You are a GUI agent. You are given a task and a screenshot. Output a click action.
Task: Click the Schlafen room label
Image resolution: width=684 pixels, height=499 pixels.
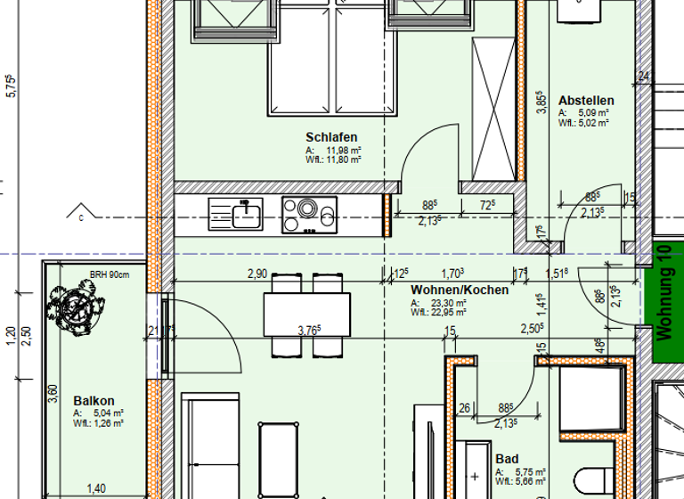(x=331, y=137)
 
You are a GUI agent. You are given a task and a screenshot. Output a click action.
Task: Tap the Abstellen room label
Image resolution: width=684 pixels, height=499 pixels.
(x=586, y=101)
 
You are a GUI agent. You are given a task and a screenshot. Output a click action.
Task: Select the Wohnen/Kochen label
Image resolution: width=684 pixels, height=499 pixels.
(x=460, y=290)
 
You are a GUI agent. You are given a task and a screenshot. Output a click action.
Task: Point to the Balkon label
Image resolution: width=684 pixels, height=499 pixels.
(x=94, y=401)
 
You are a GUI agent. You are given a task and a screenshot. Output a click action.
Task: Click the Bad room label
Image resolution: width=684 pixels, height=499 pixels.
(x=507, y=459)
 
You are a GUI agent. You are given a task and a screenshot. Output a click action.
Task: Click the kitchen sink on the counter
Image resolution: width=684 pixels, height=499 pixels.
(x=236, y=215)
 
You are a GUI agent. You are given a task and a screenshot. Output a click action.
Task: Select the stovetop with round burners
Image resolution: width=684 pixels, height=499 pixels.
(x=309, y=215)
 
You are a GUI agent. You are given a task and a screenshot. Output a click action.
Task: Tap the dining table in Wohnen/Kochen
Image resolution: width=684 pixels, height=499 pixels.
(x=306, y=315)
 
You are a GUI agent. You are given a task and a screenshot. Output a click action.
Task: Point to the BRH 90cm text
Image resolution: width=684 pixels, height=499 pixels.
(x=109, y=274)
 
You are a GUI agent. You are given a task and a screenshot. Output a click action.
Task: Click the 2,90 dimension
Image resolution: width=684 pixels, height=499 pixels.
(x=257, y=274)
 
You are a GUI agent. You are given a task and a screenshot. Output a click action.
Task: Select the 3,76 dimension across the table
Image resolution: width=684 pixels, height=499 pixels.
(x=308, y=331)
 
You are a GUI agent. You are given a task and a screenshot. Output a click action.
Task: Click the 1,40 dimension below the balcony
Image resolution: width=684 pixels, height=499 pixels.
(x=96, y=488)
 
